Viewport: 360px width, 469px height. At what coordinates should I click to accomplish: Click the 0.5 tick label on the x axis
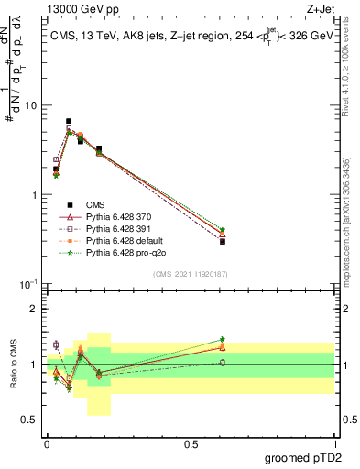click(191, 443)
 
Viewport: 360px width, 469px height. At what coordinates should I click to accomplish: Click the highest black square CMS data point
click(69, 121)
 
